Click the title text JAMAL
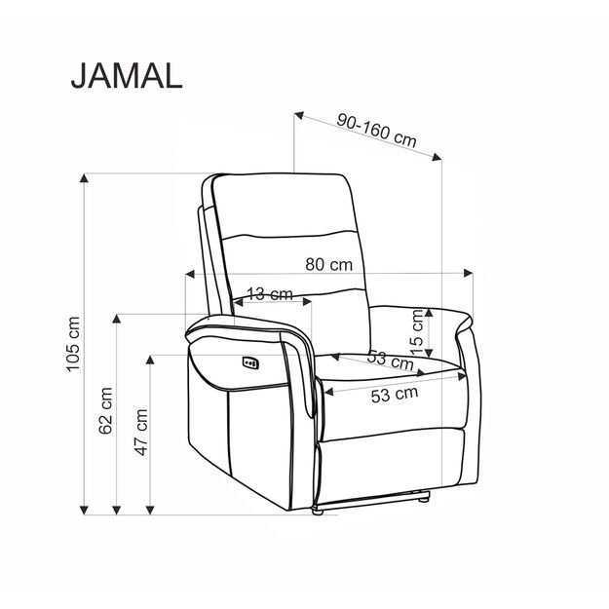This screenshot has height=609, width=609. [x=126, y=76]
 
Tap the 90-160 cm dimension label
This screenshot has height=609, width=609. [x=376, y=130]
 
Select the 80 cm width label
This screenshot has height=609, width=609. [x=329, y=264]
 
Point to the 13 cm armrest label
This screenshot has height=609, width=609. [x=269, y=293]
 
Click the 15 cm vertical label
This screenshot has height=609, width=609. [x=417, y=330]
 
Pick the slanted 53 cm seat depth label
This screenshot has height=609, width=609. [x=390, y=360]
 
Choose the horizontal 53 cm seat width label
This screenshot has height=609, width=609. [x=394, y=394]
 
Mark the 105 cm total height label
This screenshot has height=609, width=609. [x=70, y=346]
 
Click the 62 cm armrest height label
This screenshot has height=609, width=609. [x=105, y=410]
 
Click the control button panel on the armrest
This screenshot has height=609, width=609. [x=249, y=364]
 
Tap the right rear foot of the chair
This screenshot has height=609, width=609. [x=424, y=499]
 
